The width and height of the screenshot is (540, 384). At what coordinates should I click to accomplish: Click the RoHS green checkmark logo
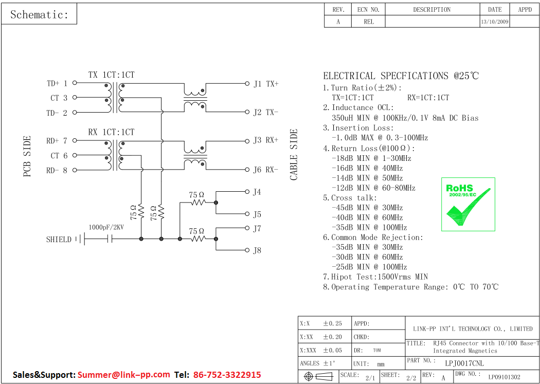pyautogui.click(x=468, y=204)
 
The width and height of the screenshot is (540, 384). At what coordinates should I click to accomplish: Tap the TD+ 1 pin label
pyautogui.click(x=57, y=83)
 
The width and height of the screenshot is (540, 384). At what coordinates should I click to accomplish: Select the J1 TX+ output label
pyautogui.click(x=265, y=84)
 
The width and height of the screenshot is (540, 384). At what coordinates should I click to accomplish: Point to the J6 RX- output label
pyautogui.click(x=265, y=170)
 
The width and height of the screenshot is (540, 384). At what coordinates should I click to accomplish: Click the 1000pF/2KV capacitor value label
pyautogui.click(x=106, y=227)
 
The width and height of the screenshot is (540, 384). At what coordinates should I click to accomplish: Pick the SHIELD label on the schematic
pyautogui.click(x=59, y=240)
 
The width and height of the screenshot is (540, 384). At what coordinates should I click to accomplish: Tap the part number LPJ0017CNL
pyautogui.click(x=464, y=363)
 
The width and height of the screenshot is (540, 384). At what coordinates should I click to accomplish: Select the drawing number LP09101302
pyautogui.click(x=504, y=377)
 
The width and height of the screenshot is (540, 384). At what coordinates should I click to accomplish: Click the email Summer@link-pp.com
pyautogui.click(x=123, y=375)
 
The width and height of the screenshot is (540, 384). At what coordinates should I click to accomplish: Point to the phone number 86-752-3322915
pyautogui.click(x=227, y=375)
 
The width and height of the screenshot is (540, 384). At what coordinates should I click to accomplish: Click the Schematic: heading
pyautogui.click(x=39, y=14)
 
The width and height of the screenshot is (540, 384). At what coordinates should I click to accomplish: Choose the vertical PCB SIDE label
pyautogui.click(x=27, y=156)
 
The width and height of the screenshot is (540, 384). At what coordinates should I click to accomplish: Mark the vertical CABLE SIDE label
pyautogui.click(x=294, y=155)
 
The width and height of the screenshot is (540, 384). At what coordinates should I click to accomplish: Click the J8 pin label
pyautogui.click(x=257, y=251)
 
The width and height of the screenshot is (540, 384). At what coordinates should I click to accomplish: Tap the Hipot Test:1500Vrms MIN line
pyautogui.click(x=375, y=277)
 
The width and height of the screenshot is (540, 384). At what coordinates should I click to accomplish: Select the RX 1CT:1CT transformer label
pyautogui.click(x=111, y=132)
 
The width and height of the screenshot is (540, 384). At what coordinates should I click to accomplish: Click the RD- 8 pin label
pyautogui.click(x=57, y=171)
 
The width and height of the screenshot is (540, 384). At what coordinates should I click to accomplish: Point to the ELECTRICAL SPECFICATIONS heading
pyautogui.click(x=401, y=76)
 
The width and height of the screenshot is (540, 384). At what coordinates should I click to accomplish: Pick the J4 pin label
pyautogui.click(x=257, y=192)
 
